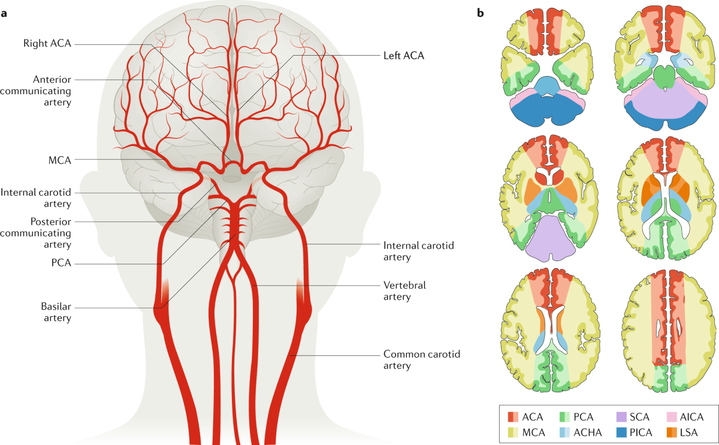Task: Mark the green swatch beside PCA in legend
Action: click(x=564, y=416)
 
